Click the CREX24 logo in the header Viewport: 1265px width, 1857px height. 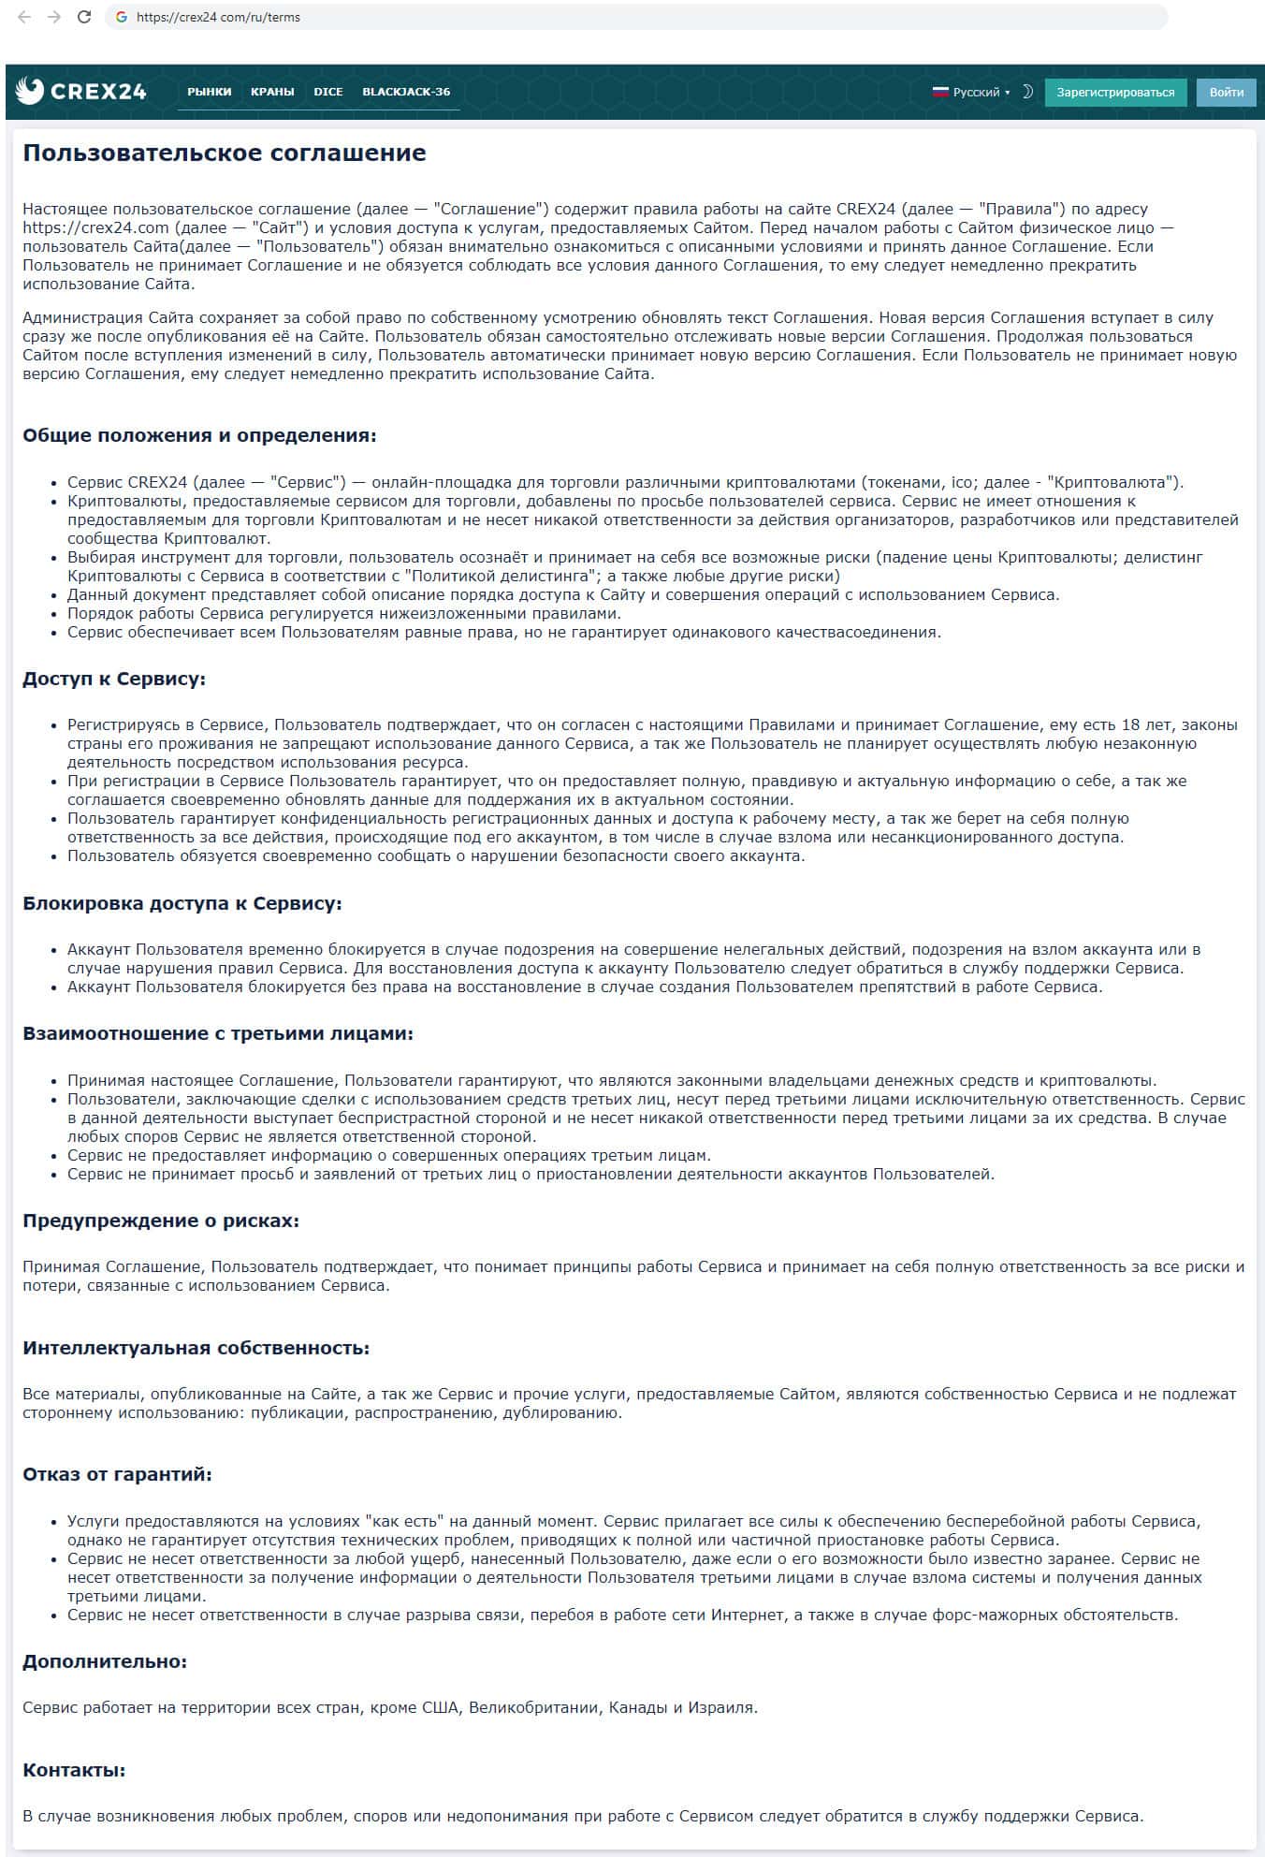81,91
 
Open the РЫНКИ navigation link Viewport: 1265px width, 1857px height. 209,92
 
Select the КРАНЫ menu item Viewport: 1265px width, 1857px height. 272,92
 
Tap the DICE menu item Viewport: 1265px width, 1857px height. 328,92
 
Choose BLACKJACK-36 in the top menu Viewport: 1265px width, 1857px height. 406,92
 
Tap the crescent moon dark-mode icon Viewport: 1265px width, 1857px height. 1026,92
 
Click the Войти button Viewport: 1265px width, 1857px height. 1226,92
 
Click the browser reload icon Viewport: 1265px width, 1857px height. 84,17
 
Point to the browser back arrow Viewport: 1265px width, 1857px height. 24,17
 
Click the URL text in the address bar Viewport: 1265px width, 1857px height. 218,17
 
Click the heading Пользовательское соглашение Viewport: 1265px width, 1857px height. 225,153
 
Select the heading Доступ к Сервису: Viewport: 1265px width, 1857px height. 114,679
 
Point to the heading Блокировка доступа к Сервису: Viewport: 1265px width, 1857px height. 182,903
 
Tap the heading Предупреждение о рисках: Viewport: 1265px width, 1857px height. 161,1221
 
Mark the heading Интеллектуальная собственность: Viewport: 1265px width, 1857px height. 196,1348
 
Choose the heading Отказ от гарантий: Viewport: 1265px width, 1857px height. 118,1474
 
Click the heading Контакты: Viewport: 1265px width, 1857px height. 74,1770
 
